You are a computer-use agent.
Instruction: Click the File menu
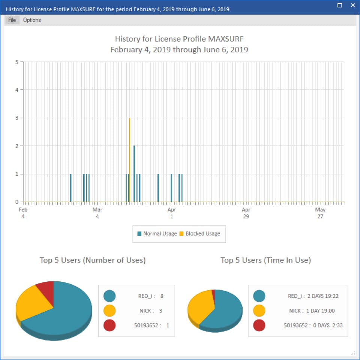click(12, 20)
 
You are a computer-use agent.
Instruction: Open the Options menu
click(32, 20)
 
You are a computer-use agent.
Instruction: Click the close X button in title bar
click(353, 5)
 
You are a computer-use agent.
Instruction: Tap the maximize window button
click(339, 5)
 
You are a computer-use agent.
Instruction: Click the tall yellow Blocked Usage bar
click(130, 160)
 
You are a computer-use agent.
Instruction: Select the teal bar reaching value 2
click(134, 174)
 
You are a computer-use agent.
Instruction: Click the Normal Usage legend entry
click(157, 234)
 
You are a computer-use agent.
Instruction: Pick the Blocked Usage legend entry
click(200, 234)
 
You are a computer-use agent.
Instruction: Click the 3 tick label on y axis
click(17, 118)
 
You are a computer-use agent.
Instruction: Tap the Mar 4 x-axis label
click(97, 213)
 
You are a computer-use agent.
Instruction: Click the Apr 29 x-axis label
click(246, 213)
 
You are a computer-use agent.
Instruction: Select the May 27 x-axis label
click(320, 213)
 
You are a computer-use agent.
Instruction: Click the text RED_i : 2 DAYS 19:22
click(313, 296)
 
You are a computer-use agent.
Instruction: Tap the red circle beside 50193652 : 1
click(109, 325)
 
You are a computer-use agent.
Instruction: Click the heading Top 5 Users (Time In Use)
click(266, 260)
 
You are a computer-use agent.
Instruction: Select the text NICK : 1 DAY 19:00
click(312, 311)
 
